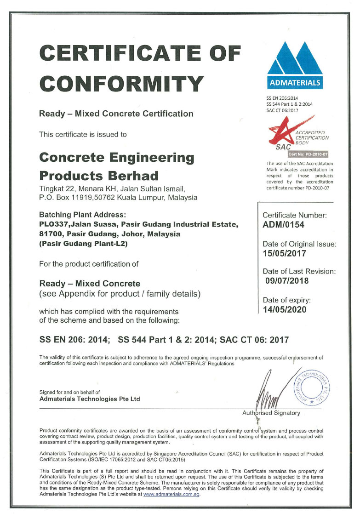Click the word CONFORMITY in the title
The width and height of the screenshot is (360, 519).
click(122, 84)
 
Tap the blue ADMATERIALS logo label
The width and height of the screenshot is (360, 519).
click(295, 83)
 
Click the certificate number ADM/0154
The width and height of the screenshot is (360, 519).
click(283, 225)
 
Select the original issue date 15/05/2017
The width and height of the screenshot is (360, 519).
click(284, 253)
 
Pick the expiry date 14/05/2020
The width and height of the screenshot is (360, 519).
click(284, 309)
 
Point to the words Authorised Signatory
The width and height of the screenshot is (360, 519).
click(271, 413)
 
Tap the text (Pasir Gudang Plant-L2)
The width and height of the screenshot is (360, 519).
click(83, 244)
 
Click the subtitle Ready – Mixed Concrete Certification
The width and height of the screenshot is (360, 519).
click(116, 114)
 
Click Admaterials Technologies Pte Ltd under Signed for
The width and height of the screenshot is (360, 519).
click(90, 399)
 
